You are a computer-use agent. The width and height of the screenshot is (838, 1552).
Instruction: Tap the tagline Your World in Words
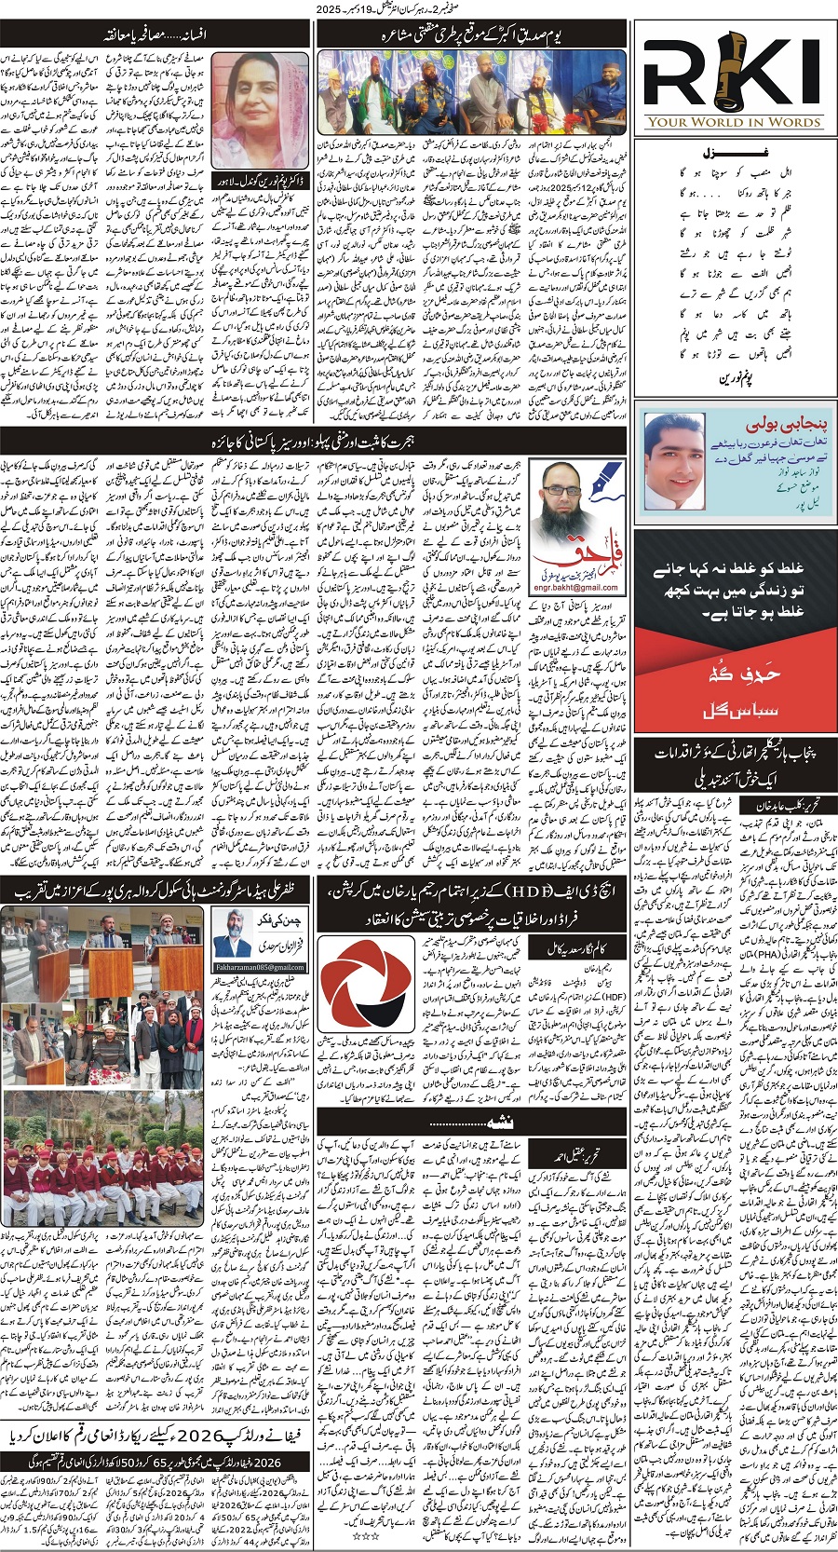coord(734,121)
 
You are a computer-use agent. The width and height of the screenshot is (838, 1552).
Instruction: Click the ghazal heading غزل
coord(735,149)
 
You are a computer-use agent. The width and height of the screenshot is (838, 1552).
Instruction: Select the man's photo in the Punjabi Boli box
coord(673,459)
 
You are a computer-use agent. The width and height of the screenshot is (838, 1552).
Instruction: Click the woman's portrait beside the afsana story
coord(258,109)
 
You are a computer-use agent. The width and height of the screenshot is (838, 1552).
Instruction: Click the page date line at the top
coord(419,8)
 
